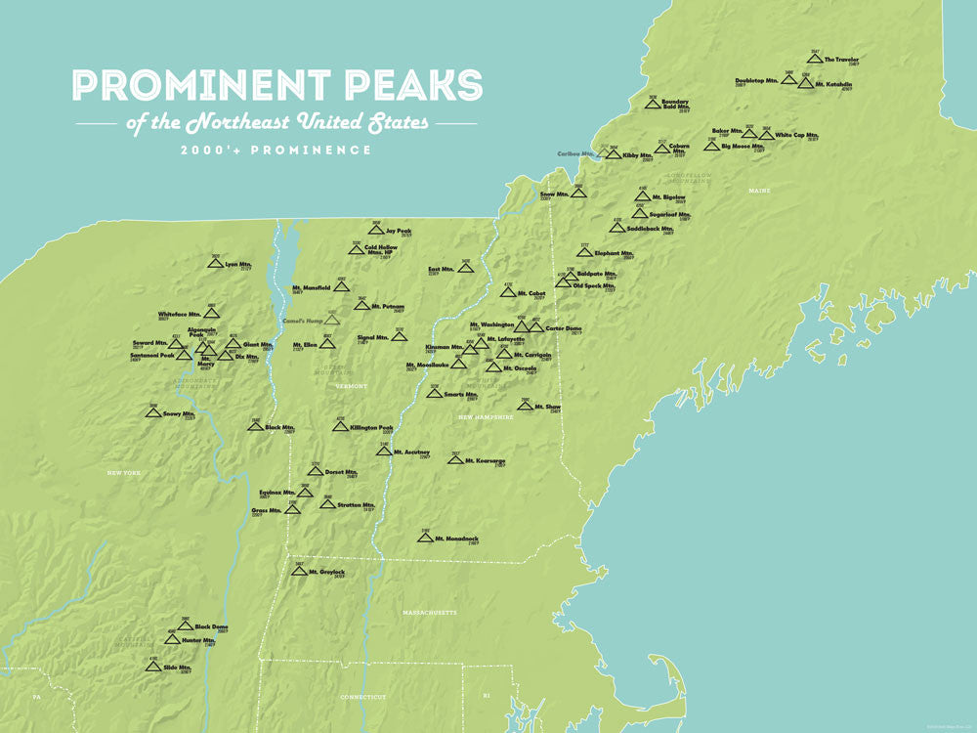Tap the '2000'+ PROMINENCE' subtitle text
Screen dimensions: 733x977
click(x=276, y=151)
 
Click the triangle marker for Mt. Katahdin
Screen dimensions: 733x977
click(x=805, y=83)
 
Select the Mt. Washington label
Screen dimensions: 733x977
click(x=491, y=324)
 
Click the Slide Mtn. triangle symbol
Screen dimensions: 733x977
click(x=152, y=667)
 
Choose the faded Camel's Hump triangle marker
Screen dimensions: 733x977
click(x=333, y=319)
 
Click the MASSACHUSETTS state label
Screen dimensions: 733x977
click(x=429, y=613)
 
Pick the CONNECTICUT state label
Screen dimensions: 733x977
click(x=363, y=697)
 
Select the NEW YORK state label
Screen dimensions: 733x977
click(x=124, y=473)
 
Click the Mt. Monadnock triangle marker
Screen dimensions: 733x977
click(x=425, y=538)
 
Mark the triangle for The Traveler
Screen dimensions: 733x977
click(x=814, y=59)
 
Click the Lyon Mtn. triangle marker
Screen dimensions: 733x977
click(x=215, y=263)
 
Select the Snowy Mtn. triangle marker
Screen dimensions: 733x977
click(x=153, y=412)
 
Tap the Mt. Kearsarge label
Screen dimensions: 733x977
click(x=484, y=460)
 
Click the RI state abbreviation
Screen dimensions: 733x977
click(x=486, y=697)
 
